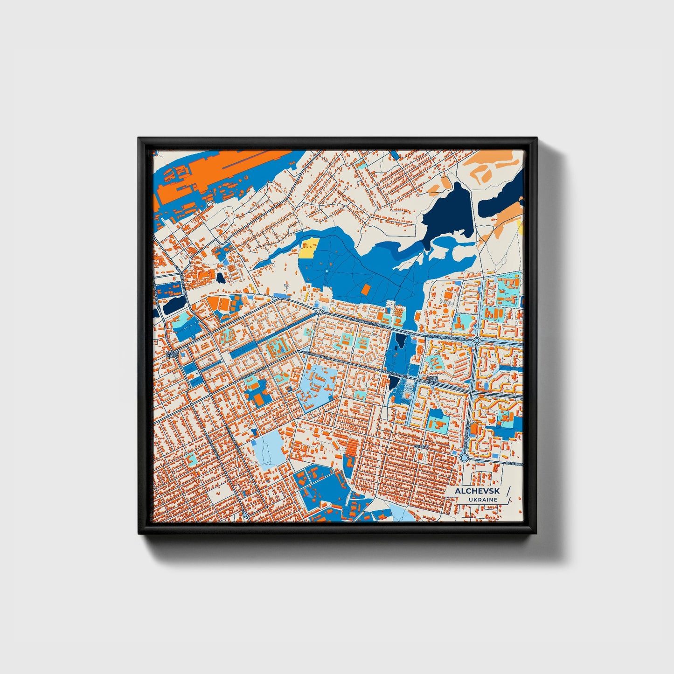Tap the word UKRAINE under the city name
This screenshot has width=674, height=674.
483,500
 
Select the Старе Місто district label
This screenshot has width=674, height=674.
172,354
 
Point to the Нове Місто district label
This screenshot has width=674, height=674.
432,380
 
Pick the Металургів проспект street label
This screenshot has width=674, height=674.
445,337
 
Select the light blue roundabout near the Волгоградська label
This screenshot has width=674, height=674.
464,459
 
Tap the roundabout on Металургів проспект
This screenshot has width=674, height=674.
477,341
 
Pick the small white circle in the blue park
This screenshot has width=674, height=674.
327,271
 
